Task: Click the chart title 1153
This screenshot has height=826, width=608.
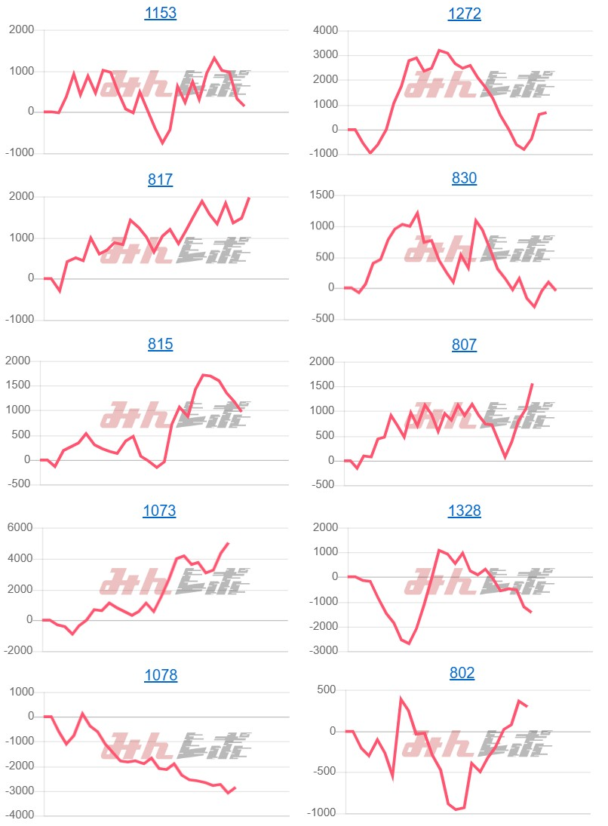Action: tap(160, 14)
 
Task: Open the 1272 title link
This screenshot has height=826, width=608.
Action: tap(464, 14)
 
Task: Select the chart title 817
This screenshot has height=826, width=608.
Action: tap(160, 180)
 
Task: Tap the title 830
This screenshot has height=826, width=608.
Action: tap(464, 178)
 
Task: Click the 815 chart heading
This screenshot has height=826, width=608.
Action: tap(160, 344)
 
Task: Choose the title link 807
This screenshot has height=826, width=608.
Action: tap(464, 344)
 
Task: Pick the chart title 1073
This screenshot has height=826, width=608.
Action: tap(159, 511)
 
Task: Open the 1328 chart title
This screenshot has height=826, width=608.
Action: tap(464, 511)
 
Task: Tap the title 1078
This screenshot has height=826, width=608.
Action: tap(160, 675)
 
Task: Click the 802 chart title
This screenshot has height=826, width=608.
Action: tap(462, 673)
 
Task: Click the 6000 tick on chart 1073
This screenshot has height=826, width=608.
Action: tap(21, 528)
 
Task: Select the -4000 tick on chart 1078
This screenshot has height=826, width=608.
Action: tap(20, 815)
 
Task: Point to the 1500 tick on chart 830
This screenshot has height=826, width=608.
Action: tap(325, 195)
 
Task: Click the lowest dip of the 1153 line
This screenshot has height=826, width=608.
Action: tap(162, 143)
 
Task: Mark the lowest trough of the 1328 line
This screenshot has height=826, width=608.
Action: tap(409, 643)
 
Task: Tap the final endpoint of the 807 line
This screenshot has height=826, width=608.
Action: tap(533, 383)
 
